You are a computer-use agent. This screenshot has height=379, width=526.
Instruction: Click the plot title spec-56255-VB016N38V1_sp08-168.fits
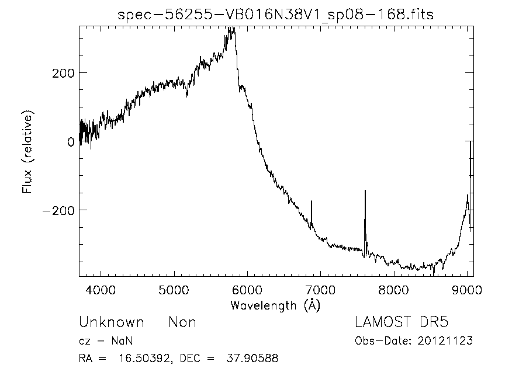(x=275, y=15)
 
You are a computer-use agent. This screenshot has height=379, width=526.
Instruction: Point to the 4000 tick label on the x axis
(x=101, y=290)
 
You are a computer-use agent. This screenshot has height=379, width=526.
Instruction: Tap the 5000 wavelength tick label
(x=174, y=290)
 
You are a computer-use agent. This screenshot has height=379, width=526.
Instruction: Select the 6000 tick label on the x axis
(x=247, y=290)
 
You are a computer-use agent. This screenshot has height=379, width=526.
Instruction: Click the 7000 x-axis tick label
(x=320, y=290)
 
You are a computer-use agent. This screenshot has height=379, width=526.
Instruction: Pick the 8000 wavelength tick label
(x=393, y=290)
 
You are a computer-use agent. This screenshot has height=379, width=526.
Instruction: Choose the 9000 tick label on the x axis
(x=467, y=290)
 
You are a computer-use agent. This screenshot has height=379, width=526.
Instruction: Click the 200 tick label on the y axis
(x=63, y=73)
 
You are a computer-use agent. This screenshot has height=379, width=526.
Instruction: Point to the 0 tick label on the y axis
(x=71, y=142)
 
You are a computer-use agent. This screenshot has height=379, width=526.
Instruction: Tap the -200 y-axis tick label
(x=58, y=211)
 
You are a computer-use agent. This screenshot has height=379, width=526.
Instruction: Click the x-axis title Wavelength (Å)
(x=275, y=305)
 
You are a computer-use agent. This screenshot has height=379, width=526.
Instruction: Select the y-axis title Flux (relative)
(x=27, y=151)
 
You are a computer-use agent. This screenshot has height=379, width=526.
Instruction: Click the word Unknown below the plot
(x=112, y=322)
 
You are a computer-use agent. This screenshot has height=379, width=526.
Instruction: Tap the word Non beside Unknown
(x=182, y=322)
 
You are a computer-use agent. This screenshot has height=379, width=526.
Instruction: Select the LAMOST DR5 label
(x=402, y=322)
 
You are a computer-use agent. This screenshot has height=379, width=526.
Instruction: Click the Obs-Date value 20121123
(x=445, y=341)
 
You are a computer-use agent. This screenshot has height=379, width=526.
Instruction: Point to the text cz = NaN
(x=106, y=341)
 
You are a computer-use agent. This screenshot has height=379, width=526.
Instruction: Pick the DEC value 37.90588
(x=252, y=358)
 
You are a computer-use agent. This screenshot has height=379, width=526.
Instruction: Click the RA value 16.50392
(x=144, y=358)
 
